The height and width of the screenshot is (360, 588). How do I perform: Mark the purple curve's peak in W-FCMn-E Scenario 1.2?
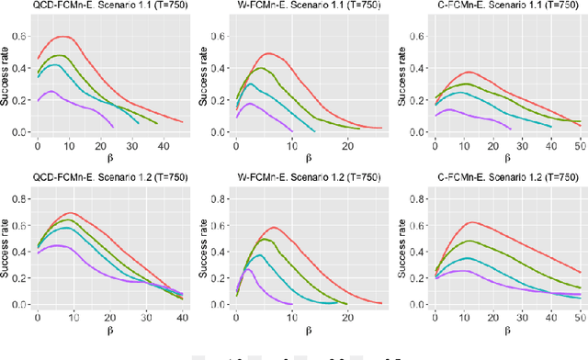(x=248, y=269)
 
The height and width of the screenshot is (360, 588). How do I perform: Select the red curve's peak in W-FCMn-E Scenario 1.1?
(x=268, y=53)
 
